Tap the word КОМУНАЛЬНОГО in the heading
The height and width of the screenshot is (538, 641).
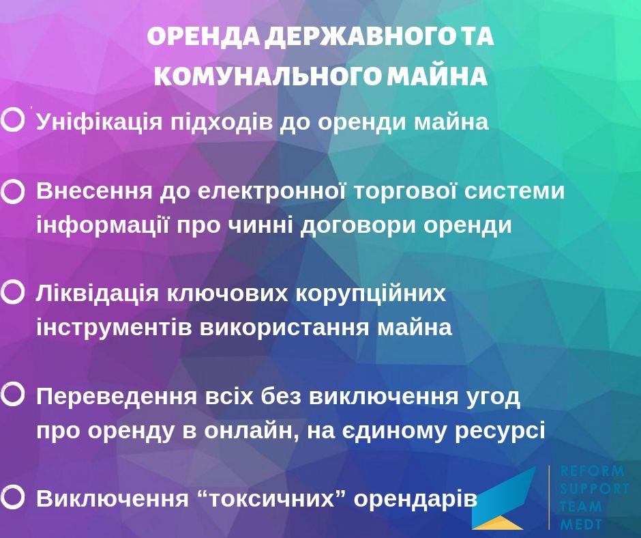click(267, 76)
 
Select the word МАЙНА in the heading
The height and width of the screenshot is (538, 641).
click(437, 76)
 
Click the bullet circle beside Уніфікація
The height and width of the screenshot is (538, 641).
click(13, 120)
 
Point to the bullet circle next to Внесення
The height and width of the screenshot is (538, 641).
click(13, 192)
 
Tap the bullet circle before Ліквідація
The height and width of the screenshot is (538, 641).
click(13, 292)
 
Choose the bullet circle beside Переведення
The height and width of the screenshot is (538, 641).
click(13, 395)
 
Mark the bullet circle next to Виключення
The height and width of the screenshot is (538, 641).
click(13, 496)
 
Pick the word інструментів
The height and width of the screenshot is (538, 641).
click(114, 328)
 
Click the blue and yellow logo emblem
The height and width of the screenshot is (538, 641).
click(504, 498)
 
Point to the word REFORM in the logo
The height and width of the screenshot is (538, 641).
click(593, 471)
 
